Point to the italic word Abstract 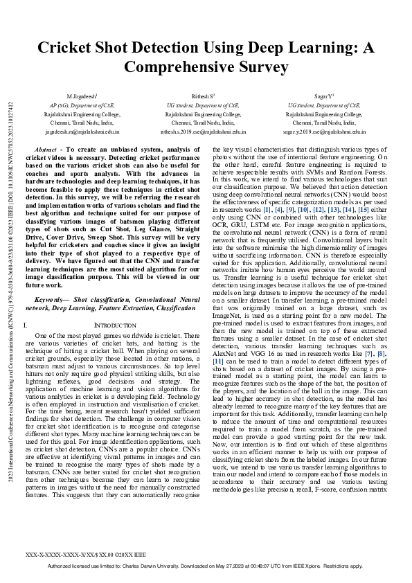tap(46, 150)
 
